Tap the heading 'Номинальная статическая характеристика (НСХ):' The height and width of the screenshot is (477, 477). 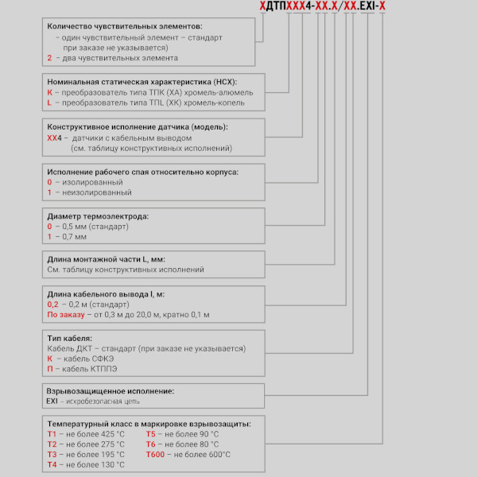coord(143,82)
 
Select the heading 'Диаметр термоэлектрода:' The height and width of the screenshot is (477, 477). coord(97,215)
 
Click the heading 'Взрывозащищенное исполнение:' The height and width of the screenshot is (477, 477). coord(111,391)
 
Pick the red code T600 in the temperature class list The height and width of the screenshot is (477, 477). coord(156,455)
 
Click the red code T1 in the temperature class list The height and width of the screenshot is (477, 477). coord(52,434)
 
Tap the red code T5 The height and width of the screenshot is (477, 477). coord(151,434)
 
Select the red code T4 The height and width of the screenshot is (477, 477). coord(52,464)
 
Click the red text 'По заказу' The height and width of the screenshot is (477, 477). coord(66,315)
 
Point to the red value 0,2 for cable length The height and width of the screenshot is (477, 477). coord(53,304)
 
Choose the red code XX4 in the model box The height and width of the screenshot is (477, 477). coord(54,138)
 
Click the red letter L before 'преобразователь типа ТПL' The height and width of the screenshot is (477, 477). coord(49,103)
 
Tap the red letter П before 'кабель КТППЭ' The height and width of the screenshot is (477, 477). coord(50,370)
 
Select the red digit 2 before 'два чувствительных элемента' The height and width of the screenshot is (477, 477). coord(49,58)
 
